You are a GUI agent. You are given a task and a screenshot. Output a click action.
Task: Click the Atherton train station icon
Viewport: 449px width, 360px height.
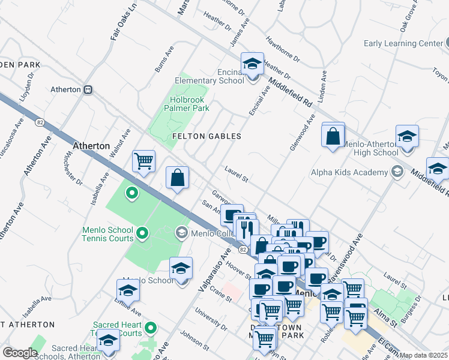pyautogui.click(x=88, y=89)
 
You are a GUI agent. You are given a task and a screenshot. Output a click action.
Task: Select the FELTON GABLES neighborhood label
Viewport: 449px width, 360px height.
pyautogui.click(x=206, y=136)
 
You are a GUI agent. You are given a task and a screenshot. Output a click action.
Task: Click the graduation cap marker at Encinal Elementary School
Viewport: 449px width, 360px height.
pyautogui.click(x=253, y=64)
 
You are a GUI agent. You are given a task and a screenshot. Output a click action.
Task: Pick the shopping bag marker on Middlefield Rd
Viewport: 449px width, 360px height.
pyautogui.click(x=333, y=136)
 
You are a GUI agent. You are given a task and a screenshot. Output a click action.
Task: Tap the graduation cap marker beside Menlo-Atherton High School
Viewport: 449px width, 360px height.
pyautogui.click(x=407, y=136)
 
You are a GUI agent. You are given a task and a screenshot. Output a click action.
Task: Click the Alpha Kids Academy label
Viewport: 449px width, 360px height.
pyautogui.click(x=349, y=173)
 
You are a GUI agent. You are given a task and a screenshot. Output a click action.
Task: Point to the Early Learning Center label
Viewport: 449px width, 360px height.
pyautogui.click(x=403, y=43)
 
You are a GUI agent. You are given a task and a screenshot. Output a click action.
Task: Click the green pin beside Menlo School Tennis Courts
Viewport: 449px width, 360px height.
pyautogui.click(x=142, y=232)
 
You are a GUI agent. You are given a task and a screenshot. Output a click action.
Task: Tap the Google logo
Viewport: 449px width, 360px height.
pyautogui.click(x=20, y=353)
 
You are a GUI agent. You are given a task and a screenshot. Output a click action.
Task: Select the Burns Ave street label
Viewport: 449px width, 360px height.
pyautogui.click(x=164, y=59)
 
